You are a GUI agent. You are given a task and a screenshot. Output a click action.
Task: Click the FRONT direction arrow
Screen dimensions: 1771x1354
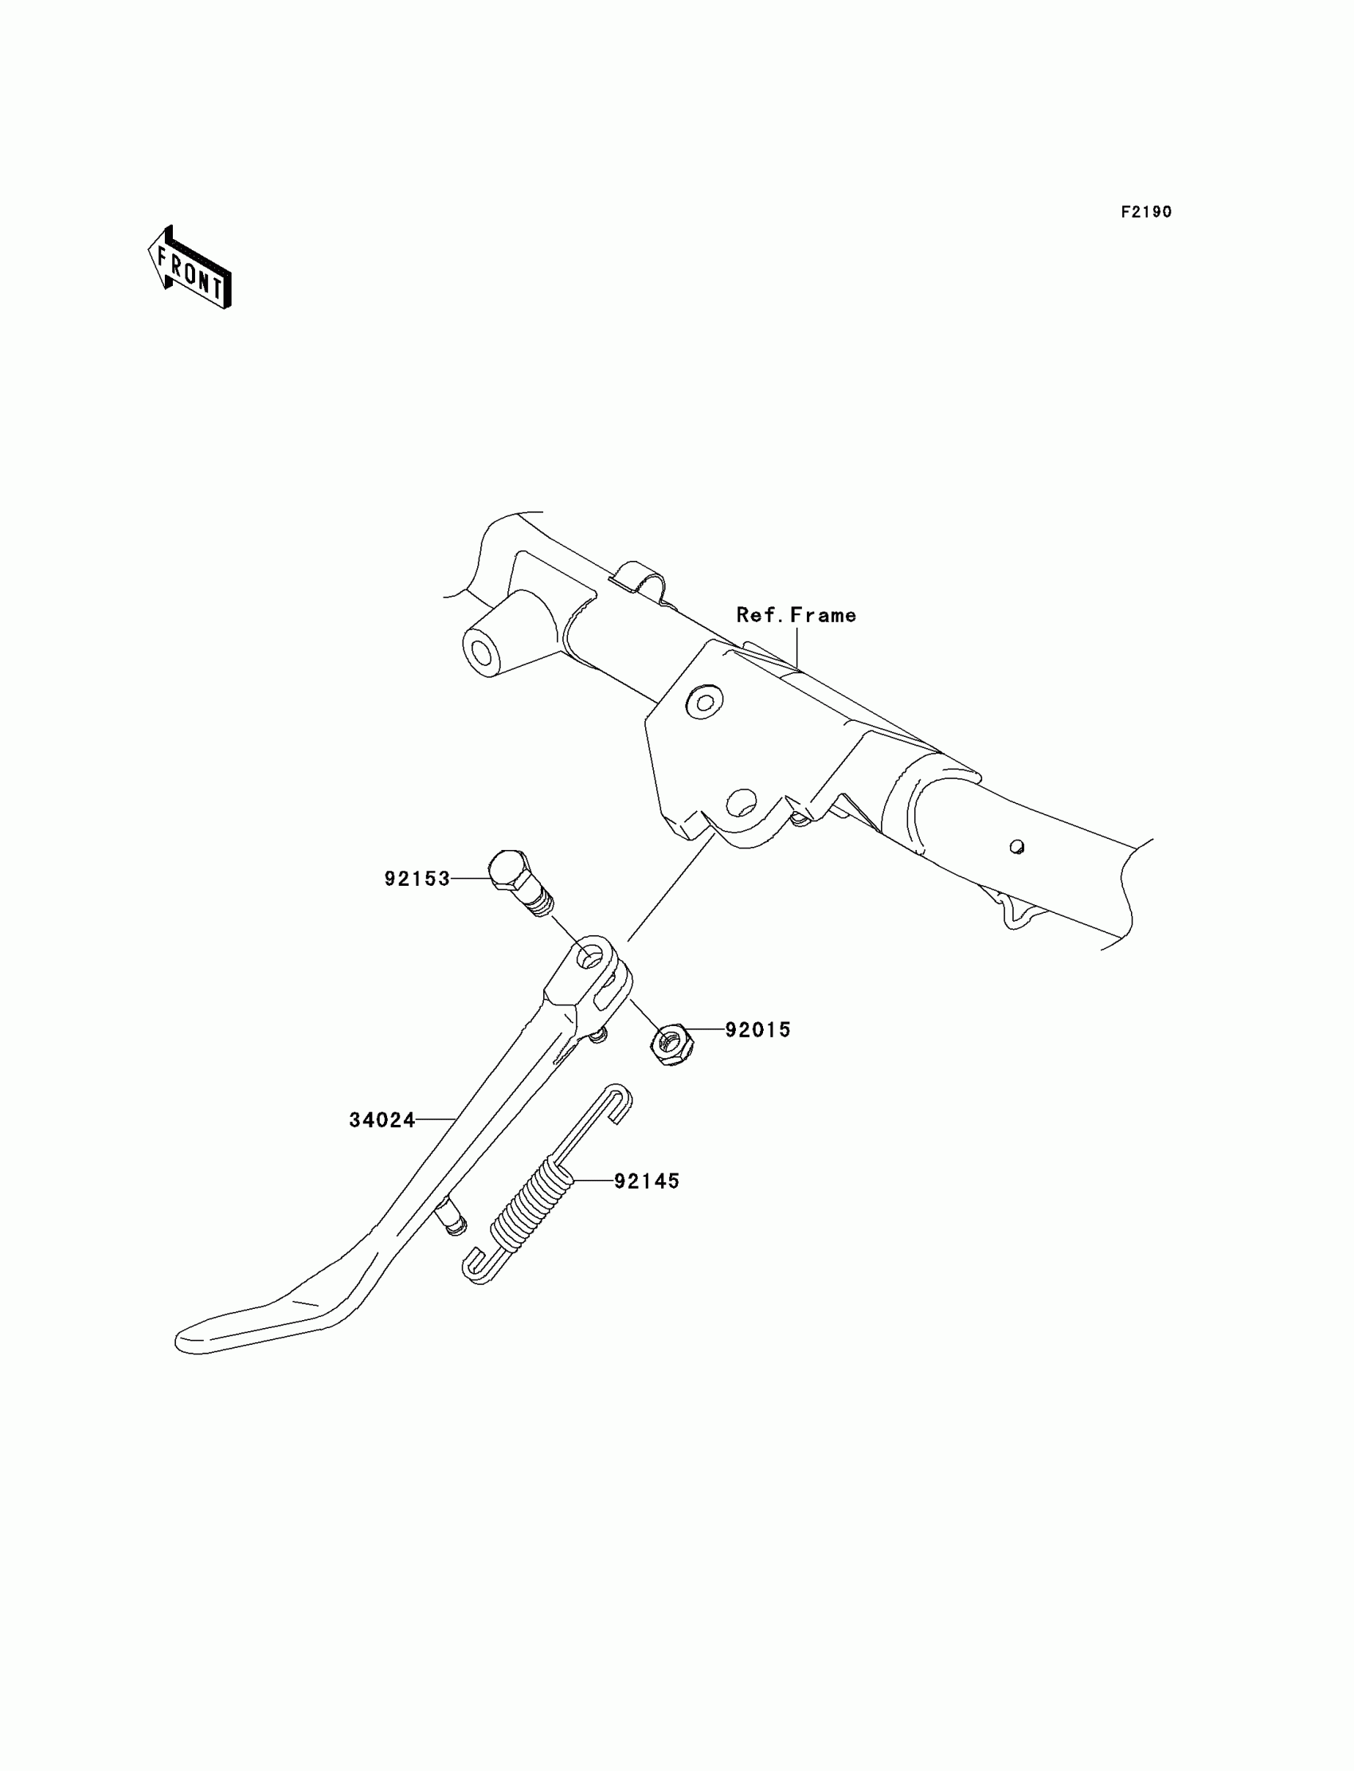(190, 269)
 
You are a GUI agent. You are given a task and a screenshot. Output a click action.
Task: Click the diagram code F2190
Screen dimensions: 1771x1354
(1146, 212)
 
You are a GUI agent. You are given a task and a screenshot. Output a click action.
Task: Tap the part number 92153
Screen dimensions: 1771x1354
(417, 879)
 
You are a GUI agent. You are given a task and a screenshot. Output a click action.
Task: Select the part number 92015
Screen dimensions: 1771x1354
(757, 1030)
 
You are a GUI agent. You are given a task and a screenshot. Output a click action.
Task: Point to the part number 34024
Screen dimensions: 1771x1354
(382, 1120)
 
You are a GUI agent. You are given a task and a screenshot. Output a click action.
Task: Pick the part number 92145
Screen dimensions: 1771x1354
(647, 1181)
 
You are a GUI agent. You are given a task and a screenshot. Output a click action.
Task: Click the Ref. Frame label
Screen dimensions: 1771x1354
(796, 615)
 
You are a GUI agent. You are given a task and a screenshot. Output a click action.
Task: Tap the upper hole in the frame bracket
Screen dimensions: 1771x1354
(704, 701)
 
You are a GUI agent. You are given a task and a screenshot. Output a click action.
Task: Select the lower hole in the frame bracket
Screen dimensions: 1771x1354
(742, 801)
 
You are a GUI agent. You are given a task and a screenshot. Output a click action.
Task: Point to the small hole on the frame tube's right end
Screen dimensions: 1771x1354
(1017, 847)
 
